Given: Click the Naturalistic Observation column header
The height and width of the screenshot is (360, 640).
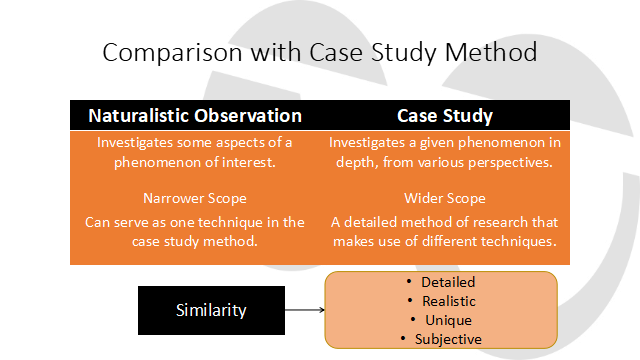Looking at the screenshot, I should click(195, 115).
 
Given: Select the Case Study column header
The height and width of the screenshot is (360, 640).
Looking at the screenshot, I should click(445, 115).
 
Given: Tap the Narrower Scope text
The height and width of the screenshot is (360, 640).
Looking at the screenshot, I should click(195, 198).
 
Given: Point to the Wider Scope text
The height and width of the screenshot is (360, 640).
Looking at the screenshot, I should click(445, 198).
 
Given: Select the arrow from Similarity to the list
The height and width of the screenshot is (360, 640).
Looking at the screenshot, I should click(304, 310).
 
